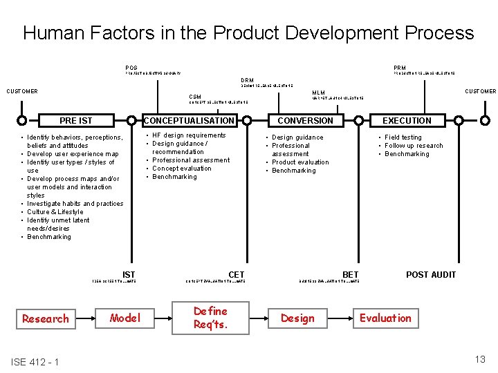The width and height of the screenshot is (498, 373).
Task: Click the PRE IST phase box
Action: [x=76, y=121]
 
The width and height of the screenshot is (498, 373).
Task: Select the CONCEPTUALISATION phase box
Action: [x=189, y=121]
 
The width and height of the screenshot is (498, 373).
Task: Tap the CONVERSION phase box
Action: [x=305, y=121]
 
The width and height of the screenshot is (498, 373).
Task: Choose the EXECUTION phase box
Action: [x=407, y=121]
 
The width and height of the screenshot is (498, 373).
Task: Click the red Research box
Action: [x=46, y=318]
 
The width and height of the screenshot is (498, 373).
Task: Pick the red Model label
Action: [x=125, y=318]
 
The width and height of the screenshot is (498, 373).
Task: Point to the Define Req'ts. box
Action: [x=211, y=318]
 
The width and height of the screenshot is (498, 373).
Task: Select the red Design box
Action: [x=297, y=318]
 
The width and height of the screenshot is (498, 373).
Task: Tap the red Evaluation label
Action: [x=385, y=318]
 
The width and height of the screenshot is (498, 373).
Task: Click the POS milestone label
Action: [x=131, y=68]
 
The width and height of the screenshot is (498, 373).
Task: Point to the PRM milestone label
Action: [x=400, y=68]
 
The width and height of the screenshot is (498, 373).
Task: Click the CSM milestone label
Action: [x=196, y=97]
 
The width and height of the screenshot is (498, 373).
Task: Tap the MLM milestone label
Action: [x=318, y=93]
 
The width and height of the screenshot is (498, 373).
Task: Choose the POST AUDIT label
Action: [x=431, y=275]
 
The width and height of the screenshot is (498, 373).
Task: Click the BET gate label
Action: [x=351, y=275]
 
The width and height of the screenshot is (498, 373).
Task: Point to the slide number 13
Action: [x=480, y=358]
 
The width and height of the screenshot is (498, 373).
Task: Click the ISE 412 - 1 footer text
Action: [x=35, y=363]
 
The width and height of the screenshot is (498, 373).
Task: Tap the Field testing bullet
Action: [x=403, y=137]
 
